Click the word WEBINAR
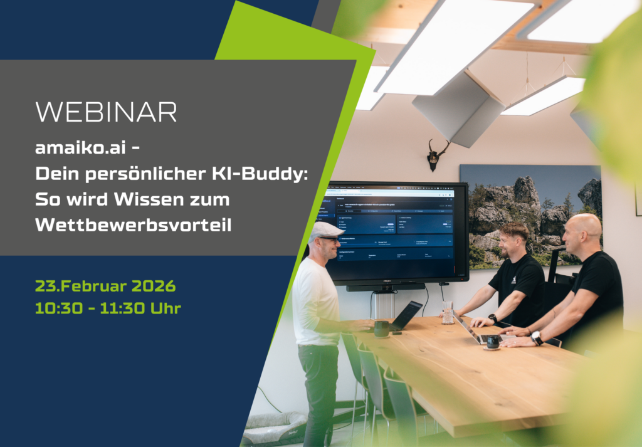(x=106, y=112)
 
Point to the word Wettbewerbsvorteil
(x=133, y=224)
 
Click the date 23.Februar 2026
(x=105, y=287)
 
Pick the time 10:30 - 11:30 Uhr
(x=108, y=308)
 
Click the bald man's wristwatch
(x=537, y=338)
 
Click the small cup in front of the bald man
(x=493, y=342)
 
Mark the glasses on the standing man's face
(x=330, y=239)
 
